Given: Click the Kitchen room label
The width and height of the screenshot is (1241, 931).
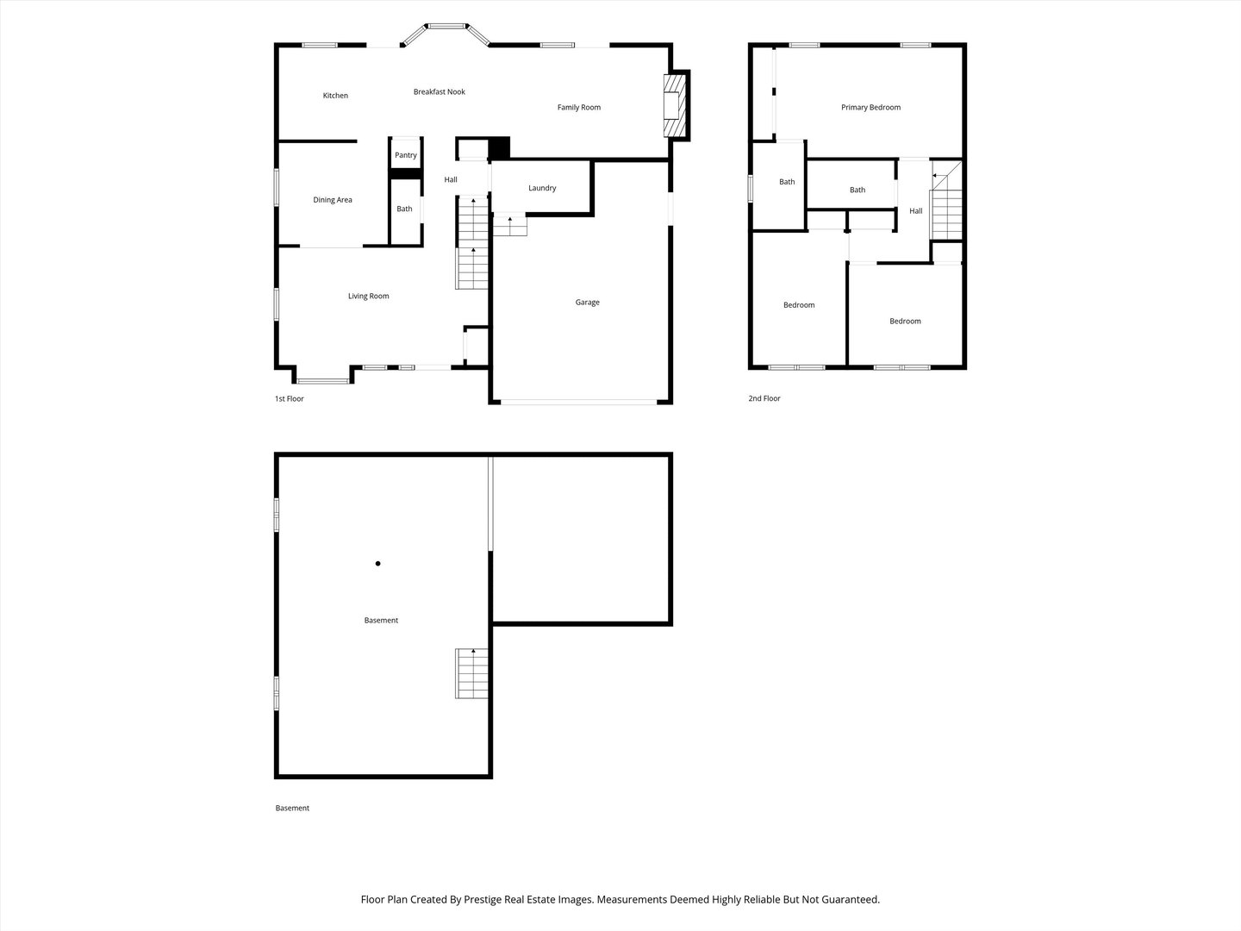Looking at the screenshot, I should coord(335,96).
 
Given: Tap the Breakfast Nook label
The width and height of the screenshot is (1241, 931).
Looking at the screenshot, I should coord(439,92).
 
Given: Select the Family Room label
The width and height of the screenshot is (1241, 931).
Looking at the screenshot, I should coord(578,108).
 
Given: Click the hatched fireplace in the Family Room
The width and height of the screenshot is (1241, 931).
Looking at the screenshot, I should coord(674,105).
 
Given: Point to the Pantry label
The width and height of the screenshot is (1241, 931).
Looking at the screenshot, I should coord(405,156).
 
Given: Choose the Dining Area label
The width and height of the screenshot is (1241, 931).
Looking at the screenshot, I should coord(332,200).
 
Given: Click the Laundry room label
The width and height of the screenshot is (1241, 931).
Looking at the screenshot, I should coord(542,188).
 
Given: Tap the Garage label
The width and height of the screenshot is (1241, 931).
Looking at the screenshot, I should coord(587,303).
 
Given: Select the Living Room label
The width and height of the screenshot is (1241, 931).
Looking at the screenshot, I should coord(368,297).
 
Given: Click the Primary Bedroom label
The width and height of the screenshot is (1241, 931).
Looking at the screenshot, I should coord(870,108).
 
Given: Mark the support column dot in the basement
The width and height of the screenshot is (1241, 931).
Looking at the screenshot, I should coord(377,564).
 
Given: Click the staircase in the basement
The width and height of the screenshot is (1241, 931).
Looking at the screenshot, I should coord(471,673).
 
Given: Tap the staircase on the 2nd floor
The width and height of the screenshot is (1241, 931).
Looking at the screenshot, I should coord(946,207).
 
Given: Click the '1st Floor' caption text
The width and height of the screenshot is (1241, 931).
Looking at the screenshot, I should coord(289,399).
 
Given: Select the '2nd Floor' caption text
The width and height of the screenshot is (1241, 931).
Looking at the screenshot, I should coord(764,399).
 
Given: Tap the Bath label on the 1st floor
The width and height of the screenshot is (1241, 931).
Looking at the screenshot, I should coord(404,209).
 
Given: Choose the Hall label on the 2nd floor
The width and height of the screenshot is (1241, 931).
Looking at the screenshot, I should coord(915,211).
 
